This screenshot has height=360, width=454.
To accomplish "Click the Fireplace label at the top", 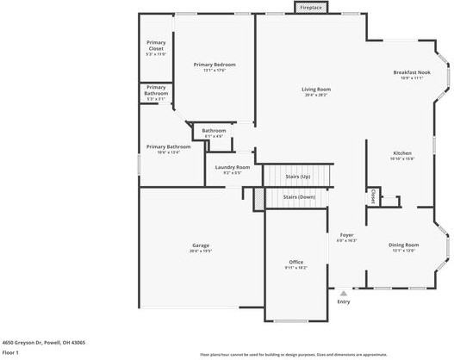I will (x=311, y=8).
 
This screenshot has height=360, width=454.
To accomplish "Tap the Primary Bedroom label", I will (x=214, y=65).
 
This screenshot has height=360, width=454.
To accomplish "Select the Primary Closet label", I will (x=156, y=46).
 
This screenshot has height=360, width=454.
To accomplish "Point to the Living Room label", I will (x=316, y=90).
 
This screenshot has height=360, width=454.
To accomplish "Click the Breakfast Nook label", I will (x=412, y=72).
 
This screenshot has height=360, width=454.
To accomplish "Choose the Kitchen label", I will (x=402, y=152).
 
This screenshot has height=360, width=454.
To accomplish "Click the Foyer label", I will (x=346, y=234).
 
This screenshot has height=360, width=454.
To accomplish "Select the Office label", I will (x=295, y=262).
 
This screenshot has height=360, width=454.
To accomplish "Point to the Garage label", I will (x=201, y=245).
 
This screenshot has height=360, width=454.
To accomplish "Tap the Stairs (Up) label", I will (x=297, y=176).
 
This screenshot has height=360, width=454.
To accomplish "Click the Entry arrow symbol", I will (x=343, y=293).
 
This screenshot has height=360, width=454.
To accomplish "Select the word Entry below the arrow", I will (x=343, y=301).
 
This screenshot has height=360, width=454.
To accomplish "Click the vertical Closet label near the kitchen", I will (x=373, y=196).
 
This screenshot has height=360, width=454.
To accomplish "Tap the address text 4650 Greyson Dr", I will (x=42, y=342).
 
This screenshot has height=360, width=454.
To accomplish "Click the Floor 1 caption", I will (x=11, y=352).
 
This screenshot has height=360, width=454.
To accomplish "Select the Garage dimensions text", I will (x=201, y=251).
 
